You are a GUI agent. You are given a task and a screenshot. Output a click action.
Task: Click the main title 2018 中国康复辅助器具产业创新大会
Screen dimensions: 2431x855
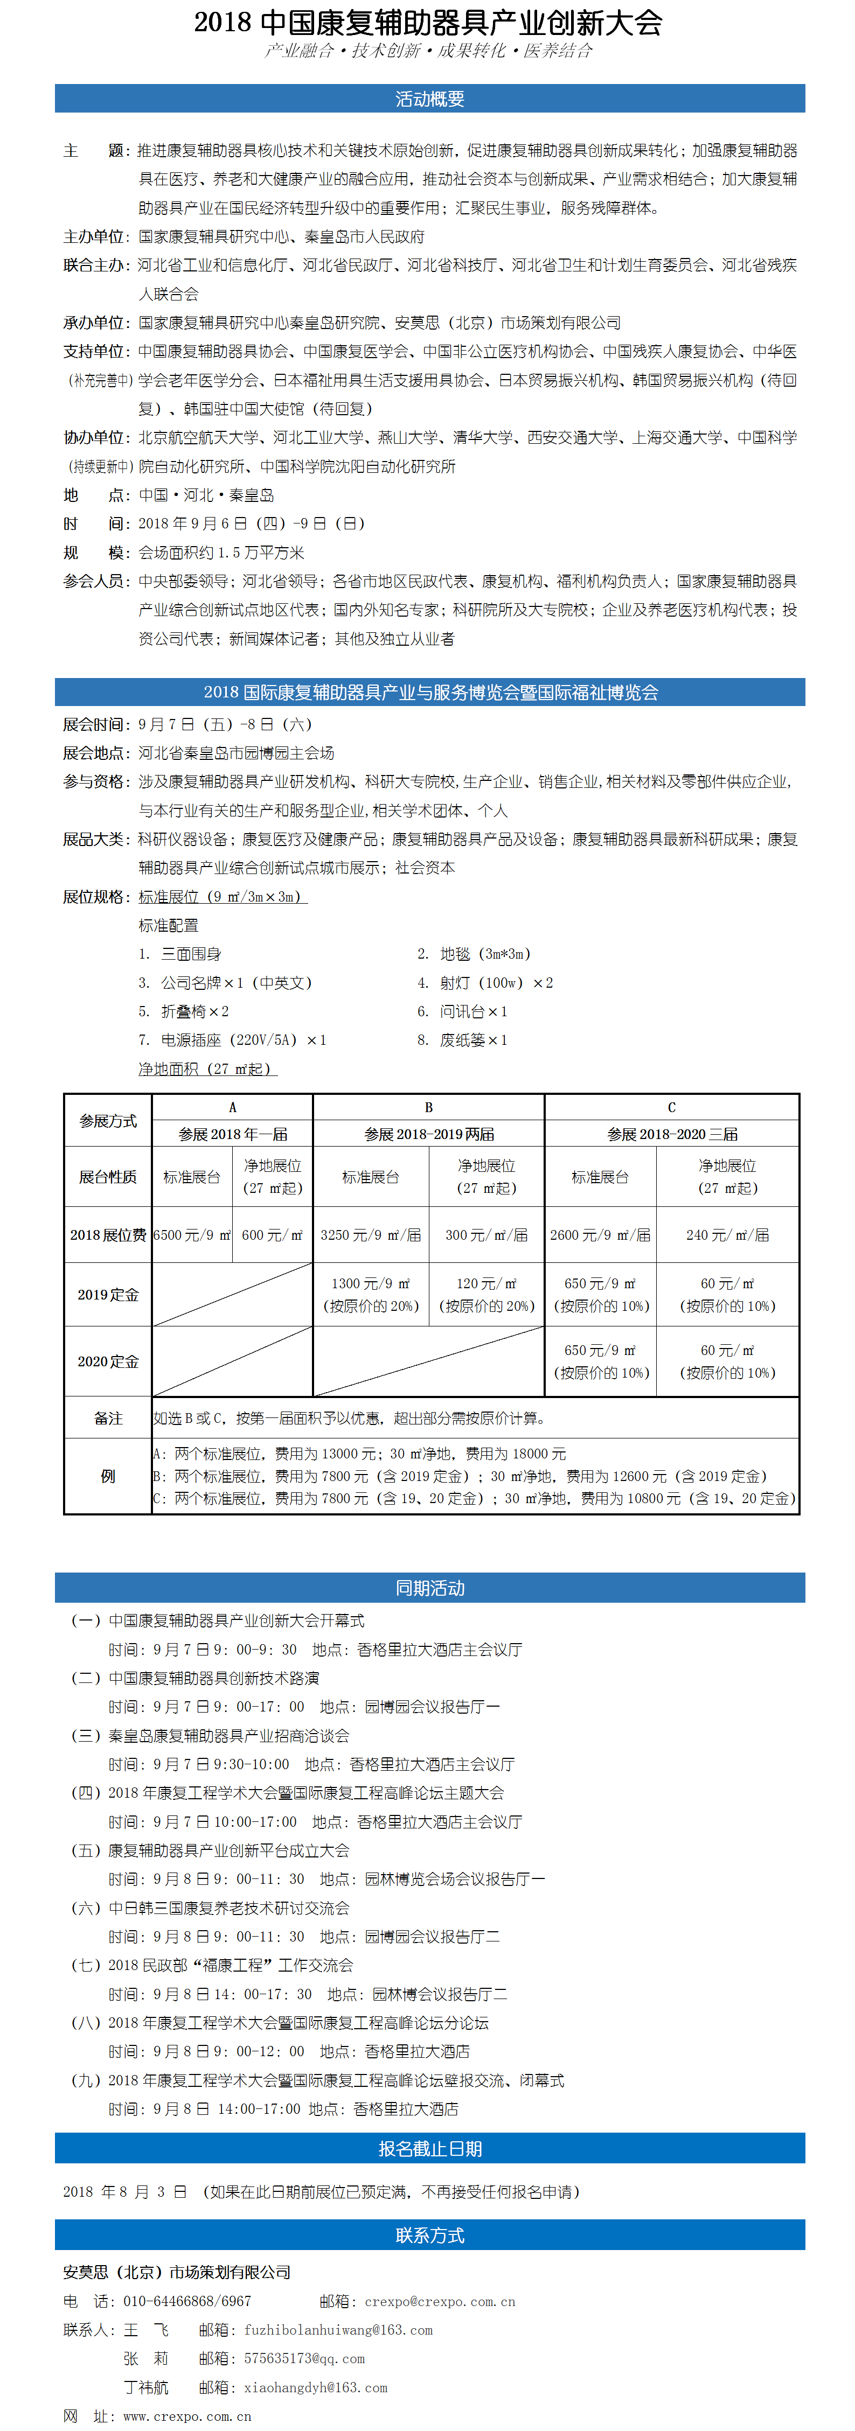tap(428, 22)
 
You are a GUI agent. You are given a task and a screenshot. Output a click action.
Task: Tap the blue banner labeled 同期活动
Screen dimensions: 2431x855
tap(429, 1587)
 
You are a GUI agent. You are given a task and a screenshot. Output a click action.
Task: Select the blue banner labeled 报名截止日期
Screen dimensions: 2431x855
tap(429, 2148)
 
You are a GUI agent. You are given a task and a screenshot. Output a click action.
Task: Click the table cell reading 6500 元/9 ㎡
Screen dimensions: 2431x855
tap(192, 1234)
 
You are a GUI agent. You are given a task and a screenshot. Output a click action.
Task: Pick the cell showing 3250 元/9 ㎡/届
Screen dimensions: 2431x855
tap(370, 1234)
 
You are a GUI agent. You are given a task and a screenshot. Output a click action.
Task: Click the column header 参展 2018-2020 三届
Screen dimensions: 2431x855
tap(671, 1134)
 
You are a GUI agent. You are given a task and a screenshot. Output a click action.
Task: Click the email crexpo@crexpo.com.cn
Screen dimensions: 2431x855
tap(440, 2301)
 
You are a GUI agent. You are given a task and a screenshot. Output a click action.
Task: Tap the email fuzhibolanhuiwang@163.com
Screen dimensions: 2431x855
tap(338, 2329)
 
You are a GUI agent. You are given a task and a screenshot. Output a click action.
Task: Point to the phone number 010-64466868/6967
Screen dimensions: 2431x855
tap(187, 2301)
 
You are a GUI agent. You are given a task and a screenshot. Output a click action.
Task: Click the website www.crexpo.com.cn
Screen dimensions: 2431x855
tap(187, 2416)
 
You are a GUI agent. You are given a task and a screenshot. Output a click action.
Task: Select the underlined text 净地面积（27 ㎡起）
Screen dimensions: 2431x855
tap(207, 1068)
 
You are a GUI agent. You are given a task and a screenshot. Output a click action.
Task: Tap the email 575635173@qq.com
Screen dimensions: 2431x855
tap(304, 2358)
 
